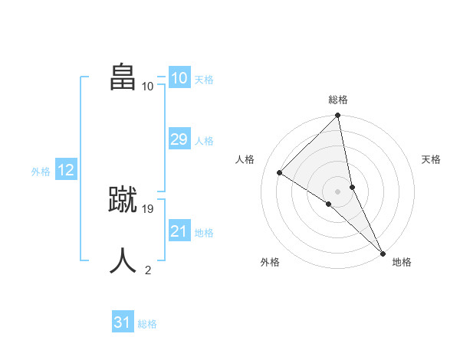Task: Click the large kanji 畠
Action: pos(123,77)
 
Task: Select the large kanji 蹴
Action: pos(123,200)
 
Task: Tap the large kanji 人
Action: pos(123,261)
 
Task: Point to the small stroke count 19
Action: pos(149,208)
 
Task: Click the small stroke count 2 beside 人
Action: pos(148,270)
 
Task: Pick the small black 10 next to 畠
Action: pos(148,86)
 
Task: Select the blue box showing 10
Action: pos(179,77)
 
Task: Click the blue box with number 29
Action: pos(179,139)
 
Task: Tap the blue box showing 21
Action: pos(179,231)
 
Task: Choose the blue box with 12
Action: pos(66,170)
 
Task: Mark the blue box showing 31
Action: pos(122,322)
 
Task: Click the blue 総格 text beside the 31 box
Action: pos(147,324)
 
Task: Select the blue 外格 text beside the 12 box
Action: pos(41,172)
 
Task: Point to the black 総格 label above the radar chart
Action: pos(338,100)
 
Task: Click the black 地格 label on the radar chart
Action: pos(402,262)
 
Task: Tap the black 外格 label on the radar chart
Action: pos(270,262)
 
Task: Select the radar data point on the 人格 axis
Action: pos(280,172)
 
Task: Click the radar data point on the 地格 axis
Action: pos(382,252)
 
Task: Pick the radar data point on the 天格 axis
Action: pos(353,187)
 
